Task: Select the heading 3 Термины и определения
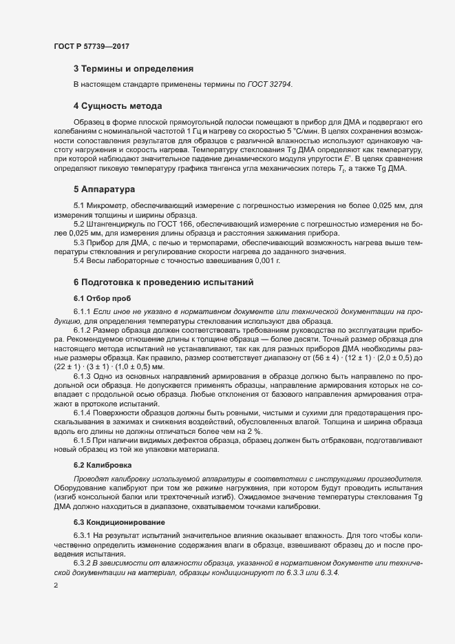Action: click(x=133, y=69)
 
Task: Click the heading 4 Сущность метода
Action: click(x=117, y=106)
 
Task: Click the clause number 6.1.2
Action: click(x=83, y=331)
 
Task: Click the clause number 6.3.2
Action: click(x=83, y=563)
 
